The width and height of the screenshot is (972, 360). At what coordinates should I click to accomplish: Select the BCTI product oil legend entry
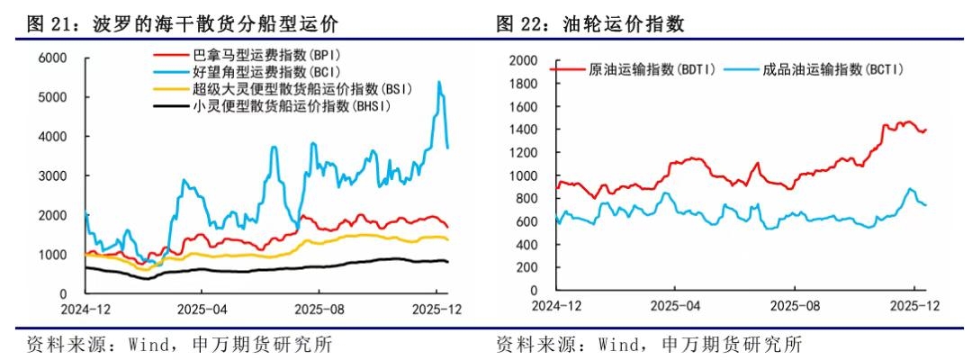[x=828, y=69]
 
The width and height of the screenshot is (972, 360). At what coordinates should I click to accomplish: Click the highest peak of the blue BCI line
[x=438, y=82]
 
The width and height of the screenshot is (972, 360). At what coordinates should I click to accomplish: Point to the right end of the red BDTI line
[x=926, y=130]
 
